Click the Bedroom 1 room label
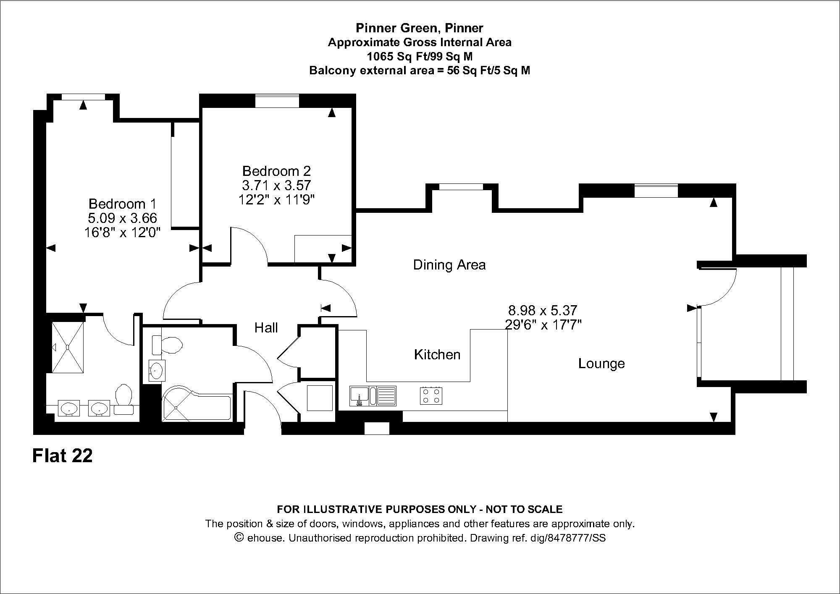(122, 204)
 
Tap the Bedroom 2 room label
(277, 171)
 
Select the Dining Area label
(449, 265)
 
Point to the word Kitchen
(437, 355)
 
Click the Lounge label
(601, 364)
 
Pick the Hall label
(266, 328)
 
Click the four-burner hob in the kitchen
(431, 395)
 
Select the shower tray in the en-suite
(67, 347)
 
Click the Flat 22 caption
(63, 456)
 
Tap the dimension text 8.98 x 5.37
(543, 311)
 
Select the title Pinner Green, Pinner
(420, 28)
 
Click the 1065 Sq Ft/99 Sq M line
(420, 56)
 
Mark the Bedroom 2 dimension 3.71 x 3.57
(276, 185)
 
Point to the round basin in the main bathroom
(157, 371)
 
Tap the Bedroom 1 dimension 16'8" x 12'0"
(122, 232)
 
